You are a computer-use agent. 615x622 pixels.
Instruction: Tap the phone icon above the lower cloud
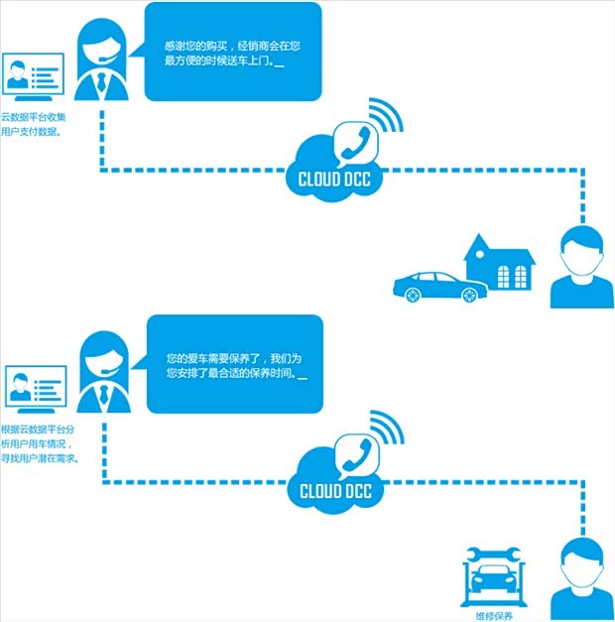point(353,451)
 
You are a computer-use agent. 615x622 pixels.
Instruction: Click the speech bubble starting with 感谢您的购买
point(233,52)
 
